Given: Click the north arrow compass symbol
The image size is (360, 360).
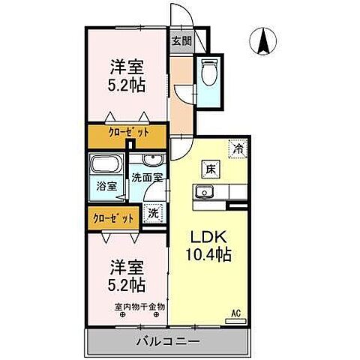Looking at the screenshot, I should (x=264, y=40).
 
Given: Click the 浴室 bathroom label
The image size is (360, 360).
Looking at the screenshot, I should (x=106, y=186).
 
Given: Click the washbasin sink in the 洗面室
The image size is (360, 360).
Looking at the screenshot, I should (x=151, y=160).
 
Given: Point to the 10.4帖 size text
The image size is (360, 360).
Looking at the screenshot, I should (x=208, y=254).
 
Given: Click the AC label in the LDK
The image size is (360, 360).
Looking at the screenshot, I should (x=235, y=312).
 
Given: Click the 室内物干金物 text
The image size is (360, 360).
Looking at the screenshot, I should (x=139, y=306).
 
